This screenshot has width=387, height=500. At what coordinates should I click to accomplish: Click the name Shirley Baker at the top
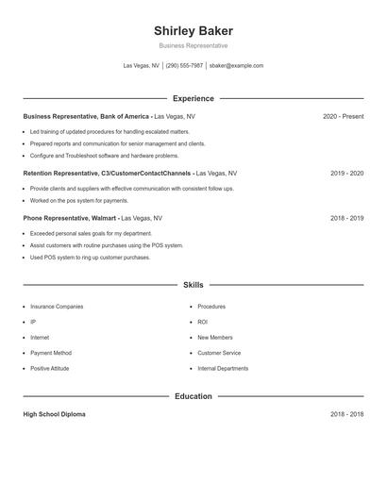pyautogui.click(x=193, y=31)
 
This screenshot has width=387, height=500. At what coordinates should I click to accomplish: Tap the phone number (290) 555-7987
pyautogui.click(x=184, y=66)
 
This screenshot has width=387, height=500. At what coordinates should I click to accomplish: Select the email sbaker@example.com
pyautogui.click(x=236, y=66)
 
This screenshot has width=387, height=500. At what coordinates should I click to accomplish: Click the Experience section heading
pyautogui.click(x=193, y=98)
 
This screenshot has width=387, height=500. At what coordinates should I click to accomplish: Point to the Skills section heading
pyautogui.click(x=193, y=284)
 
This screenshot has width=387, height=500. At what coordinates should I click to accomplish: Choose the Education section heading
pyautogui.click(x=193, y=396)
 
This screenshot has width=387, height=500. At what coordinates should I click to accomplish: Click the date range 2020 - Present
pyautogui.click(x=343, y=116)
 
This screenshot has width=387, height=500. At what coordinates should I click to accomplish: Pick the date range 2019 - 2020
pyautogui.click(x=346, y=174)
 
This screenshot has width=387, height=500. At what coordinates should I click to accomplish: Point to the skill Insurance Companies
pyautogui.click(x=57, y=307)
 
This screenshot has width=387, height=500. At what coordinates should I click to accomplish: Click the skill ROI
pyautogui.click(x=202, y=322)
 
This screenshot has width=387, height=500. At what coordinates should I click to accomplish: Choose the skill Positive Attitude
pyautogui.click(x=53, y=369)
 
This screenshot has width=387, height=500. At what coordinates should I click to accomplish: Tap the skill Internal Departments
pyautogui.click(x=223, y=369)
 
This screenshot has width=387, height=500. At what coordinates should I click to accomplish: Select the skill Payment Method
pyautogui.click(x=51, y=353)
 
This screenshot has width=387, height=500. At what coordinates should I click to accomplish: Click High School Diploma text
pyautogui.click(x=54, y=414)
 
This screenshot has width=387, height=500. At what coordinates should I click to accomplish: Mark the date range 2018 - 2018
pyautogui.click(x=346, y=414)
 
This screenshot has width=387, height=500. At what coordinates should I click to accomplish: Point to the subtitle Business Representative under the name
pyautogui.click(x=193, y=45)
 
